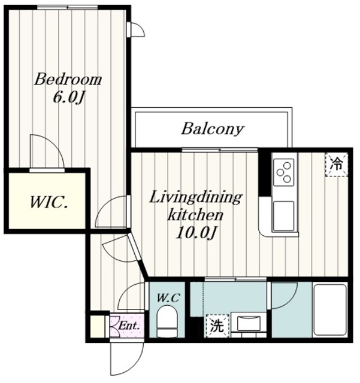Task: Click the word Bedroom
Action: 68,80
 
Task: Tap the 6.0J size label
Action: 68,97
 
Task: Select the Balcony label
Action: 213,129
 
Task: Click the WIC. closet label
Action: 49,202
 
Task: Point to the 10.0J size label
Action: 196,233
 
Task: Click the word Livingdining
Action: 196,198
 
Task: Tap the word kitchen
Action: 195,215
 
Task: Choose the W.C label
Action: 168,297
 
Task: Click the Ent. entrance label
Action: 129,326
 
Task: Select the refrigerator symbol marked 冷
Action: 337,165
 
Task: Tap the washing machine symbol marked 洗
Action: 217,326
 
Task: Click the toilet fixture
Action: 167,321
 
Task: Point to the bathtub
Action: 330,309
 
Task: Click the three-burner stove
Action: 284,172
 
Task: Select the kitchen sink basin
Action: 283,215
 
